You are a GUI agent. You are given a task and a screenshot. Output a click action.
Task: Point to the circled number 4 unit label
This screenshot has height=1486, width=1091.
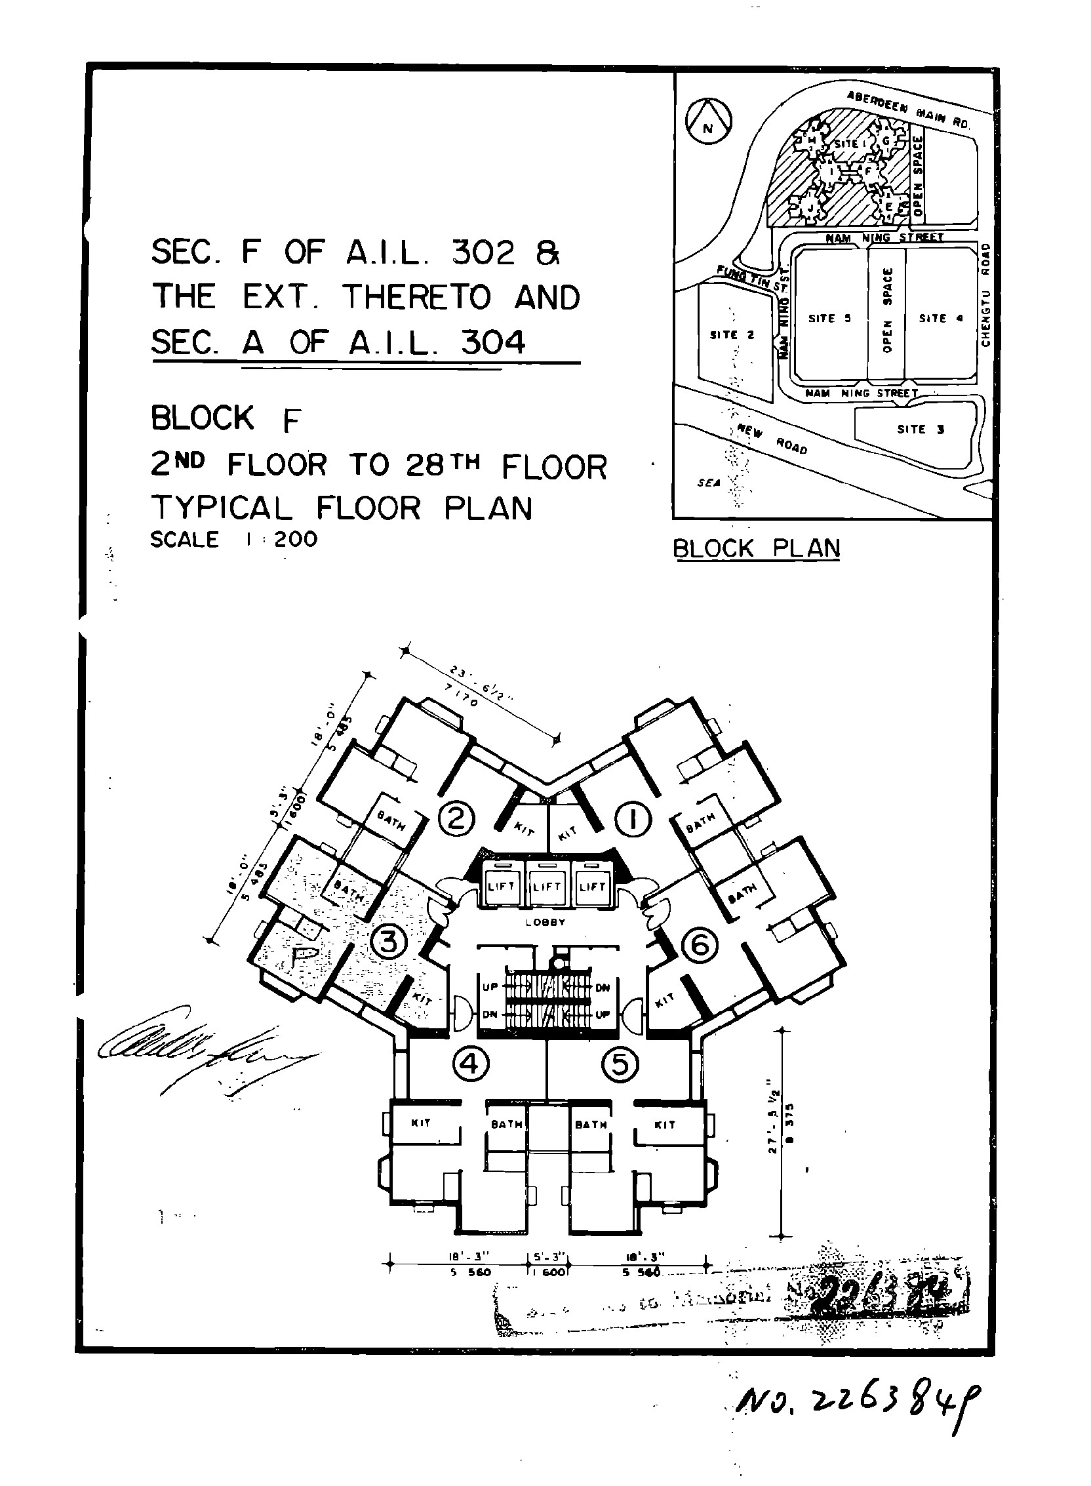coord(471,1064)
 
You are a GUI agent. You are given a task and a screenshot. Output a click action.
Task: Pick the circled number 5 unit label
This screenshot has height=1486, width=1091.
coord(620,1064)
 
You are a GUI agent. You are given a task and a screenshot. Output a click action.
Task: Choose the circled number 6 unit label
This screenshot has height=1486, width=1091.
coord(700,946)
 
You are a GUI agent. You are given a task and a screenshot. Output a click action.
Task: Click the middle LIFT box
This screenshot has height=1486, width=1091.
coord(546,887)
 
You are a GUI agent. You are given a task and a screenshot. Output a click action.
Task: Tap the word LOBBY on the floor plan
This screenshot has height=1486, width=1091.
coord(545,923)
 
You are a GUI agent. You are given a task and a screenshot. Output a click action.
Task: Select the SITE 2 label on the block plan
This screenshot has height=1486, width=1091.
coord(732,335)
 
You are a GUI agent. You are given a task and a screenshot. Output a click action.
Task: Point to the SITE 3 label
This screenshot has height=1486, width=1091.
coord(921,430)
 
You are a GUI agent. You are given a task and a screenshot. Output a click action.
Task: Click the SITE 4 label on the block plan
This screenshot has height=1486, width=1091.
coord(940,318)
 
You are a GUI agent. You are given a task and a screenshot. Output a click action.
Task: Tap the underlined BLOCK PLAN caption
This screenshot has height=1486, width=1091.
coord(756,548)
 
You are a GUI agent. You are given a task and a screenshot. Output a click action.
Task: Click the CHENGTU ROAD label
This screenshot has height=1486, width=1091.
coord(985,294)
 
